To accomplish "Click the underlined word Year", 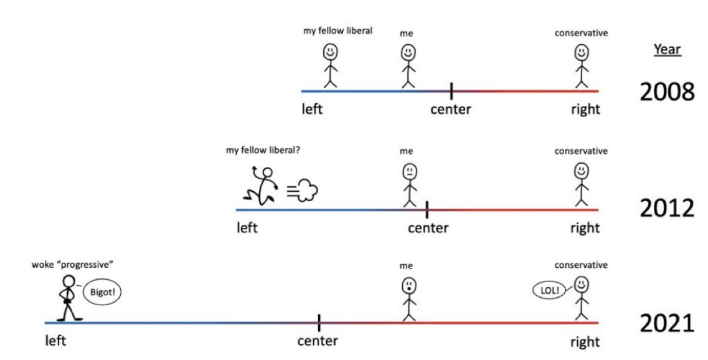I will point(667,50).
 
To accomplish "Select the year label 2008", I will point(667,92).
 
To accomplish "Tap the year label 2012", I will point(667,209).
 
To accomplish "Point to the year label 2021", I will point(667,324).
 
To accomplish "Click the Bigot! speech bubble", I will point(100,292).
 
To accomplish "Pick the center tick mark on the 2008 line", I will point(451,91).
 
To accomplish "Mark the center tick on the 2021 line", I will point(319,323).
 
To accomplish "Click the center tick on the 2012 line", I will point(427,209).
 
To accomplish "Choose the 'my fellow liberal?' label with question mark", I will point(267,150).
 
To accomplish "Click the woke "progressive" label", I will point(73,265).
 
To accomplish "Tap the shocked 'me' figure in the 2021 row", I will point(408,299).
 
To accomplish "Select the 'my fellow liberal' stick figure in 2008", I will point(330,65).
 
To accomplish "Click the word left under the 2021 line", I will point(55,341).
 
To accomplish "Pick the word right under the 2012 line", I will point(585,228).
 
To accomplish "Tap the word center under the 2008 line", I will point(451,110).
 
